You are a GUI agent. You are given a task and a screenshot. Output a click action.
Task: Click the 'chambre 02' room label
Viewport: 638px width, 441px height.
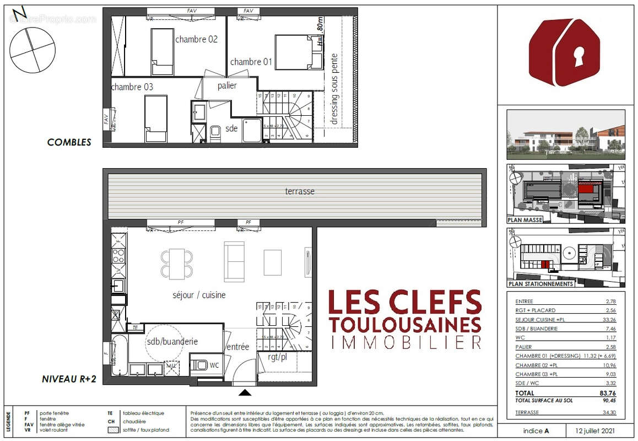pos(196,40)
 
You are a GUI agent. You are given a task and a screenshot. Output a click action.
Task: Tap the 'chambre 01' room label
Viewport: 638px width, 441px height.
pos(251,62)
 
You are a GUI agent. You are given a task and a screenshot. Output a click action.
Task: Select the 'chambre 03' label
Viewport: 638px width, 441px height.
pos(132,87)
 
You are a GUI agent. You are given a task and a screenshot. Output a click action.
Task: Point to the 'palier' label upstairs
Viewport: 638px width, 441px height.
pos(227,85)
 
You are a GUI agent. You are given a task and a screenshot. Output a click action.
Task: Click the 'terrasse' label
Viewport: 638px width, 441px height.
pos(300,191)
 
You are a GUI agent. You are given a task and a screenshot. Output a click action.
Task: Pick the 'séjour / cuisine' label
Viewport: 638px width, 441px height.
pos(199,295)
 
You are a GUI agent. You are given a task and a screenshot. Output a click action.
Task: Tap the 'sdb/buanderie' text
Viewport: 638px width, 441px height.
pos(172,341)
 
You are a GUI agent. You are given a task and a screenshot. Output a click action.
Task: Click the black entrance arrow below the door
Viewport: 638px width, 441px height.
pos(246,392)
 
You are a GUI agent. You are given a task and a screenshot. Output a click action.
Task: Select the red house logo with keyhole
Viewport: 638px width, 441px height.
pos(564,53)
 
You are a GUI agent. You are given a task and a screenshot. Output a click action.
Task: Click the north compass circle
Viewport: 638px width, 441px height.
pos(33,50)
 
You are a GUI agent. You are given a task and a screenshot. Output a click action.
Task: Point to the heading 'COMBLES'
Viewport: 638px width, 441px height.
pos(69,142)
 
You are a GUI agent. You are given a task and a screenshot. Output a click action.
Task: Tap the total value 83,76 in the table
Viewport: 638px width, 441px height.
pos(607,393)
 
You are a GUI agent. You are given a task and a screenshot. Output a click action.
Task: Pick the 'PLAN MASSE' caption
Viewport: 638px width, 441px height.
pos(525,219)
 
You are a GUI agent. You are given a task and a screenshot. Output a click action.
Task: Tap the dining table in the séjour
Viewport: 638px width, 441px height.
pos(177,263)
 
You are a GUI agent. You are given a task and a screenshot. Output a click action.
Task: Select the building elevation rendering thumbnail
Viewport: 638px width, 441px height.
pos(566,135)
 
